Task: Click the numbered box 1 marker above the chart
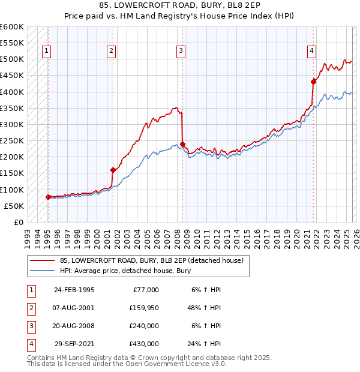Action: tap(47, 52)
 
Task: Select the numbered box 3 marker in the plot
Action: tap(181, 52)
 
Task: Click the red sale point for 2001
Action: tap(113, 170)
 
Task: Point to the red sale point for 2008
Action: tap(182, 144)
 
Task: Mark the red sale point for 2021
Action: tap(313, 82)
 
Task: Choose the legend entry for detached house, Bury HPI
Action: tap(125, 271)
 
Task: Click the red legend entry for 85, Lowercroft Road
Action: tap(151, 261)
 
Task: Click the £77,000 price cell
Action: tap(144, 289)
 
